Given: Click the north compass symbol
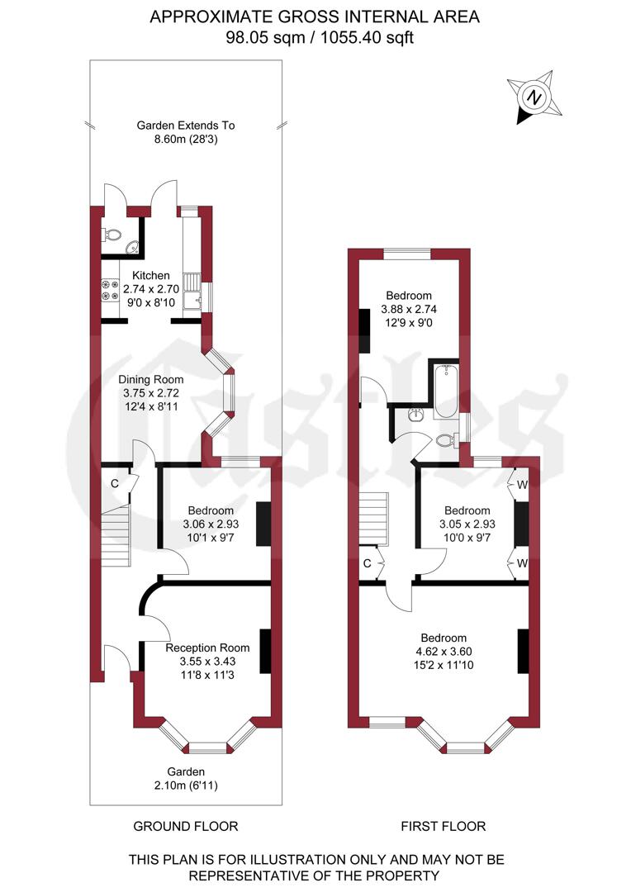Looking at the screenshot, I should tap(535, 97).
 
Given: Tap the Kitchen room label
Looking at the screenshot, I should tap(145, 275).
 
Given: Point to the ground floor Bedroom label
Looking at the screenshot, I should tap(210, 510).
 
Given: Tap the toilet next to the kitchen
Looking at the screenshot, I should tap(113, 235).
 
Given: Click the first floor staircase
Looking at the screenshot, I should tap(375, 518).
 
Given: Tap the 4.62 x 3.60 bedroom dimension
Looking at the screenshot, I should tap(444, 652).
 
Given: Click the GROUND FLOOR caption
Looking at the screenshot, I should tap(186, 826).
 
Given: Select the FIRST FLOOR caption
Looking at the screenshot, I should tap(444, 826).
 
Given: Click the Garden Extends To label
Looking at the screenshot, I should tap(186, 126).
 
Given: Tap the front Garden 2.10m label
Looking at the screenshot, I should tap(186, 777).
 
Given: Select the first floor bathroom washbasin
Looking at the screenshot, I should tap(416, 414).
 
